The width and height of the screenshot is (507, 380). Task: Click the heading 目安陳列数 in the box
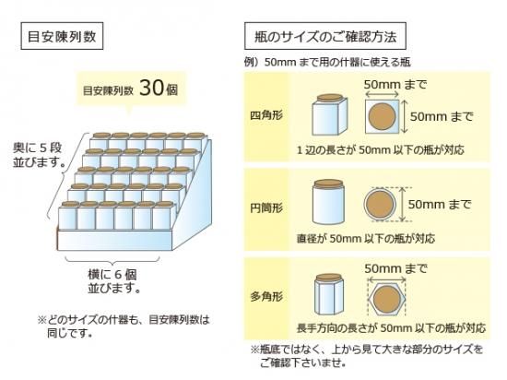[62, 36]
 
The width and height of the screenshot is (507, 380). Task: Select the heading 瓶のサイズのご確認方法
[325, 36]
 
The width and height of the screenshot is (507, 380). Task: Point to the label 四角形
[266, 115]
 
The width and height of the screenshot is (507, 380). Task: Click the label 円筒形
[266, 208]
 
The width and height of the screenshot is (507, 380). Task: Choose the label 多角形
[266, 296]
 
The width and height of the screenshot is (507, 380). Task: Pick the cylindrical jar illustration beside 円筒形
[328, 202]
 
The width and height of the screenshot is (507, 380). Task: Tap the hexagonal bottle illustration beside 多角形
[328, 294]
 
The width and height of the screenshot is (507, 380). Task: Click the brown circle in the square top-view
[382, 116]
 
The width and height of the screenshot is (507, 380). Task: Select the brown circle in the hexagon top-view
[387, 299]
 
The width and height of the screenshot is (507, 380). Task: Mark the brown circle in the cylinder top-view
[380, 205]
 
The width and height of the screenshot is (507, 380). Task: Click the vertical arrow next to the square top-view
[404, 116]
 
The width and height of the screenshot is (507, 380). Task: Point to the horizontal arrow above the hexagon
[387, 279]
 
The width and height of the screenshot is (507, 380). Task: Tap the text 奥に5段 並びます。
[38, 155]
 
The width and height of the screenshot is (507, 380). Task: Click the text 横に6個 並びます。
[113, 281]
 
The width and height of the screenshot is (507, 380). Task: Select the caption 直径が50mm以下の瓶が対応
[366, 239]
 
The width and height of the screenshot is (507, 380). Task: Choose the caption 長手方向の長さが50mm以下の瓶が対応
[391, 328]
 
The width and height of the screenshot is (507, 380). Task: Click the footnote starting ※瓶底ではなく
[367, 356]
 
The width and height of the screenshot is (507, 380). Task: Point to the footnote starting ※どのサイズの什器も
[124, 327]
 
